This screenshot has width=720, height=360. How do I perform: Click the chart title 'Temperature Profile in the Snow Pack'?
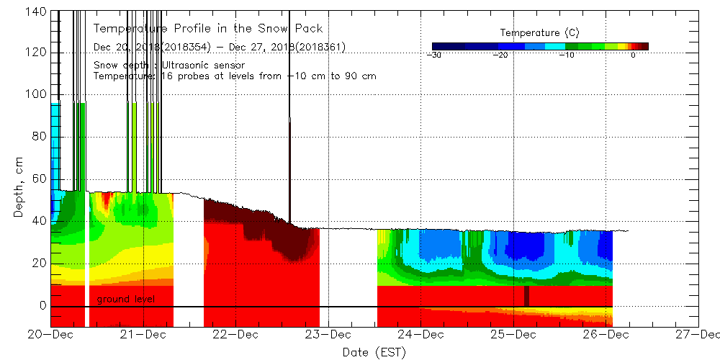pos(208,29)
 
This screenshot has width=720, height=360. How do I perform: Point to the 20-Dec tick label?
pos(51,335)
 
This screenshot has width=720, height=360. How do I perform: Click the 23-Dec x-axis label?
pos(328,335)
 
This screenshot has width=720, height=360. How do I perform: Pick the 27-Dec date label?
pos(698,335)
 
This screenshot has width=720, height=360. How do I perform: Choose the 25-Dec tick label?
pos(513,335)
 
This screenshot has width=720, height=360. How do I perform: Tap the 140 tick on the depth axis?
pos(38,12)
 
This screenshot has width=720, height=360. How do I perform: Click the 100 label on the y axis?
pos(38,94)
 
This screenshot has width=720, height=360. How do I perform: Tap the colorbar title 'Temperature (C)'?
pos(539,33)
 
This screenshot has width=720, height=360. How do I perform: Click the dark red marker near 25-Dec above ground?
pos(526,296)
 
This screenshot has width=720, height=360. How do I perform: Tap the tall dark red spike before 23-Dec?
pos(289,169)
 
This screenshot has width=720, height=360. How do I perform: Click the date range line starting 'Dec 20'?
pos(220,48)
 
